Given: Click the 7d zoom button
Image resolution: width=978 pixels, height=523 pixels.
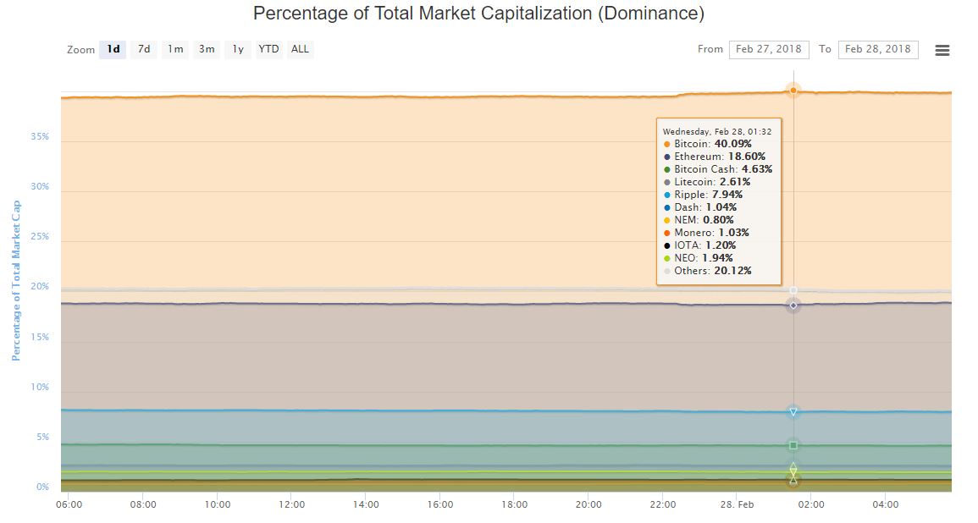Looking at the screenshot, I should [144, 49].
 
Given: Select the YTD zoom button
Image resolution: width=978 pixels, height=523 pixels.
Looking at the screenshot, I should [268, 49].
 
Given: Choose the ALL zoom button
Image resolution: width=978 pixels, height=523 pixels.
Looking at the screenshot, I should [300, 49].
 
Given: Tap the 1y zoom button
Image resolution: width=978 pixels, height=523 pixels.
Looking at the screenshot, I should [238, 49].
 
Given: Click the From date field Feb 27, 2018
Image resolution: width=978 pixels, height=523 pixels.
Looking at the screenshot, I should [768, 49].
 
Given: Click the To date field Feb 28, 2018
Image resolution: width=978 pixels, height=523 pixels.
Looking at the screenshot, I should [878, 49].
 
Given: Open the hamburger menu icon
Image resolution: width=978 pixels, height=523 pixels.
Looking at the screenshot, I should [942, 50].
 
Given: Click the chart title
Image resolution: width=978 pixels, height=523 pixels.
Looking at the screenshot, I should [478, 14].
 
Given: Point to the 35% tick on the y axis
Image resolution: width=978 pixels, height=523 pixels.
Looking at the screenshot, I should [40, 136].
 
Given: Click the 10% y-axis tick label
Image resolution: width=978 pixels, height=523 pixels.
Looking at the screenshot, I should [40, 387].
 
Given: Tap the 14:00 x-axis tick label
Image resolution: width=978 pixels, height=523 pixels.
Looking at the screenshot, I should [366, 504].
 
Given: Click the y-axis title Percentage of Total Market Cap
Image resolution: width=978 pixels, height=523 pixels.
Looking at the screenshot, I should [15, 280].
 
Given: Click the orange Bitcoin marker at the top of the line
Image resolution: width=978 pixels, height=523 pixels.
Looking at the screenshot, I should [793, 90].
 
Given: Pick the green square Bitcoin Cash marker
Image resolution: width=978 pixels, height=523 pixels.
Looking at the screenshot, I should [793, 445].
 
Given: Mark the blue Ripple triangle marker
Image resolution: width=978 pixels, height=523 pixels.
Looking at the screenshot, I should [793, 412].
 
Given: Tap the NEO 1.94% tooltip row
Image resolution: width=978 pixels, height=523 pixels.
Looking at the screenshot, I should [703, 258].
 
